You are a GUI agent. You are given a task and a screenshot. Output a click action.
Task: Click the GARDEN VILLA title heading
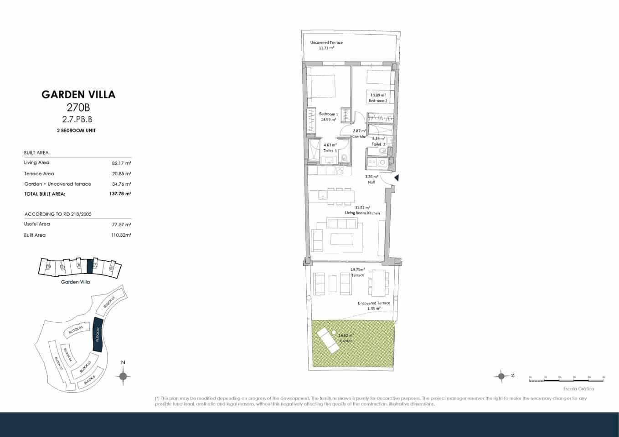click(x=78, y=95)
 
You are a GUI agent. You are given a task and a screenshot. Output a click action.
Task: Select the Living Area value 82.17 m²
click(x=121, y=163)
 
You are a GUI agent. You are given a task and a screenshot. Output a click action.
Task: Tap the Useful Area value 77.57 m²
click(x=121, y=224)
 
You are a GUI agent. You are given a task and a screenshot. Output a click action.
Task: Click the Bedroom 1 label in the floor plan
click(x=328, y=114)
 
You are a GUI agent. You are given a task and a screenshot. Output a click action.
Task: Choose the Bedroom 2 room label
click(x=378, y=101)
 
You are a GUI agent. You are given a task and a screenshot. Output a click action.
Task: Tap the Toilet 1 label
click(x=330, y=150)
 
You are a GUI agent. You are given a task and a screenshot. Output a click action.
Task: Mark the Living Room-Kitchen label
click(x=362, y=213)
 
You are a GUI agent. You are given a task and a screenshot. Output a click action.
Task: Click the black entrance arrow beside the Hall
click(x=396, y=178)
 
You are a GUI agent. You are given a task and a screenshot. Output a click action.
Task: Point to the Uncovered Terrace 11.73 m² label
click(x=326, y=45)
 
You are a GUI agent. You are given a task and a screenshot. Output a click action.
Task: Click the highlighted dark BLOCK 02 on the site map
click(x=97, y=335)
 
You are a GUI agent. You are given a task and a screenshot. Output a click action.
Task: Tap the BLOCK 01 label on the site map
click(x=108, y=303)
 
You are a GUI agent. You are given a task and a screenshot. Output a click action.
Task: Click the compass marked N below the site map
click(x=123, y=376)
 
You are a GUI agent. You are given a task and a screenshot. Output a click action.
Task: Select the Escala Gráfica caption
click(x=578, y=389)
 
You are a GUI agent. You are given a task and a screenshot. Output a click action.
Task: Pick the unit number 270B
click(x=78, y=108)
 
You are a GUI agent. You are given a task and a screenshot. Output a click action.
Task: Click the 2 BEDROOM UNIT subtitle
click(x=76, y=131)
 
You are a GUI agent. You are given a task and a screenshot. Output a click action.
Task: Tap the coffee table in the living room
click(x=342, y=239)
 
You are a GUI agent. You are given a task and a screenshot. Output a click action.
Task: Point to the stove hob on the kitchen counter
click(x=340, y=171)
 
